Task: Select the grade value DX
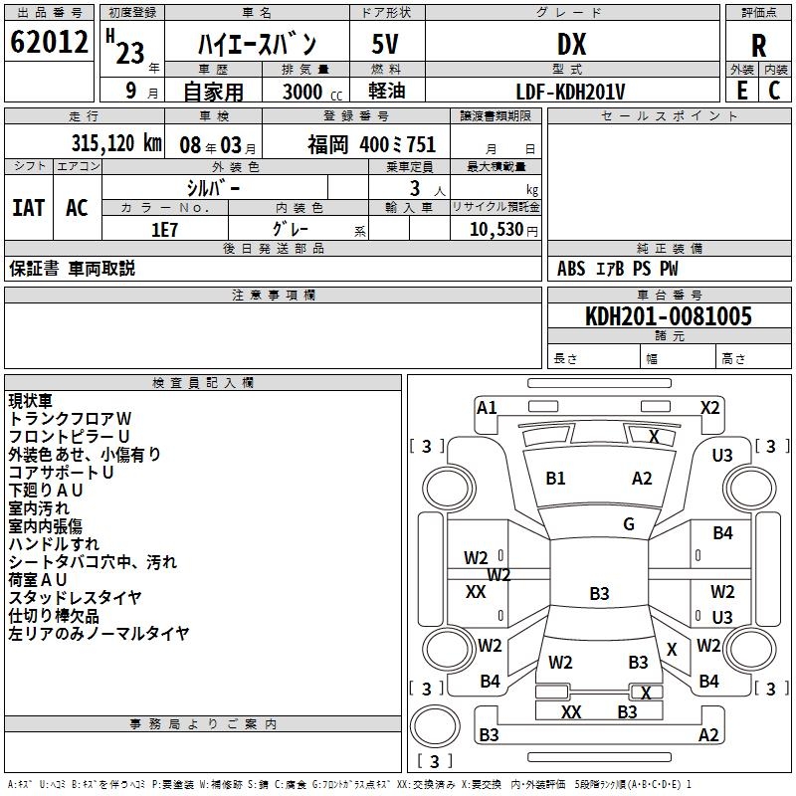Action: [571, 44]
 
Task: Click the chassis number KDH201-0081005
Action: [669, 317]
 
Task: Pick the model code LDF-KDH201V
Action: [571, 92]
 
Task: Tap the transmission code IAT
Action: [29, 207]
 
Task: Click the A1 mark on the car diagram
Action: [487, 407]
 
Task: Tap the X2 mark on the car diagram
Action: [709, 407]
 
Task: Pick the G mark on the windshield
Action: [629, 524]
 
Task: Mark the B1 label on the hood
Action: [555, 479]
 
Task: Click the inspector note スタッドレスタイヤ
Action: [76, 597]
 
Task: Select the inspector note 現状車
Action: [32, 400]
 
